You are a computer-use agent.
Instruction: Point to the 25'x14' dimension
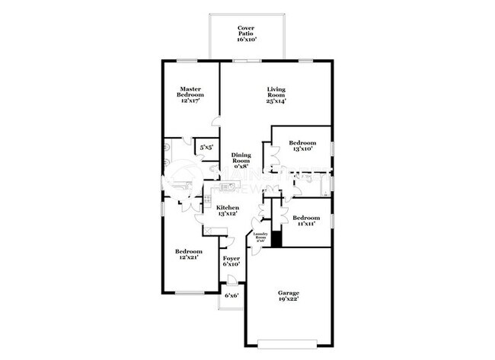click(x=276, y=101)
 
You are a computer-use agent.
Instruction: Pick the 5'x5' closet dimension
click(x=206, y=147)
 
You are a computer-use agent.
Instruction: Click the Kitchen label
click(x=228, y=208)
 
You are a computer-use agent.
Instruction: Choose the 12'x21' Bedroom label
click(x=189, y=251)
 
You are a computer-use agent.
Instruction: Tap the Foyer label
click(x=232, y=259)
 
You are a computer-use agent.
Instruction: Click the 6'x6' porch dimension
click(x=232, y=295)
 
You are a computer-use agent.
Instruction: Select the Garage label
click(x=287, y=293)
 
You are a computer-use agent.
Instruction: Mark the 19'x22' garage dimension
click(x=287, y=300)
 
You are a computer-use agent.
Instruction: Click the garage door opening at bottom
click(x=287, y=340)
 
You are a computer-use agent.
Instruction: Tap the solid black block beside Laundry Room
click(x=278, y=238)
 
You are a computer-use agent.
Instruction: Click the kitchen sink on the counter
click(x=226, y=186)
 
